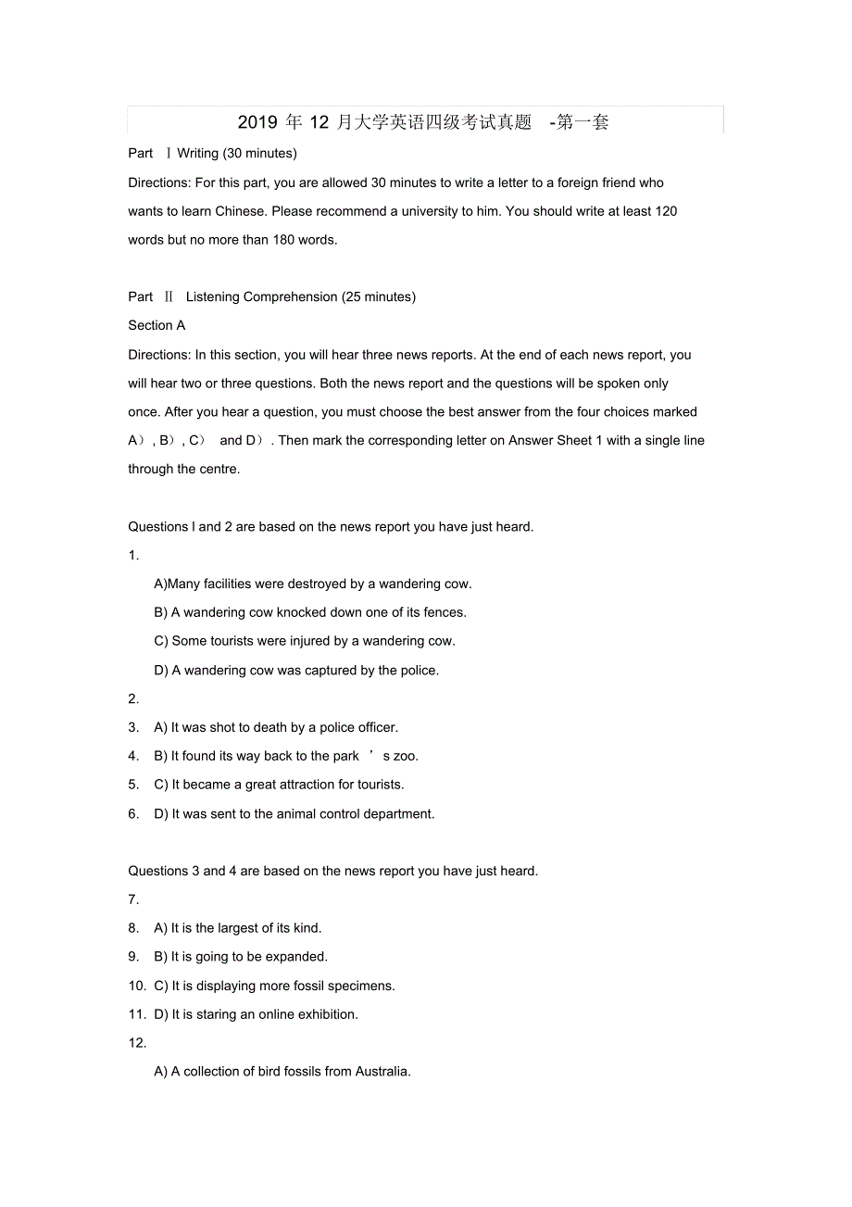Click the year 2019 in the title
tap(257, 122)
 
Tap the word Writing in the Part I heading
tap(197, 153)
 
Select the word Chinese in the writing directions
tap(239, 211)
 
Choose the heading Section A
tap(157, 325)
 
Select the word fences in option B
tap(444, 612)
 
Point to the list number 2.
tap(133, 698)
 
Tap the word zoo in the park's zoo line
tap(406, 756)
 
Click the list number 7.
tap(133, 899)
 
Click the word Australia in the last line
tap(381, 1072)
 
